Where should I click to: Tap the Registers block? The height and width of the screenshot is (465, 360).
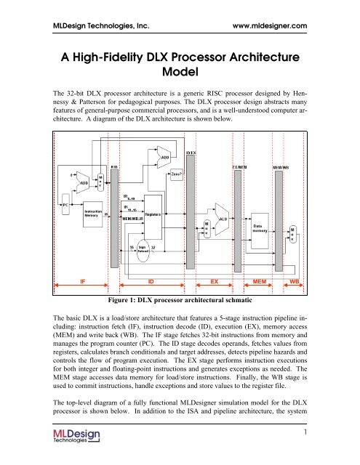point(153,216)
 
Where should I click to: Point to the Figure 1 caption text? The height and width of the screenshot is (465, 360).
point(180,297)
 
